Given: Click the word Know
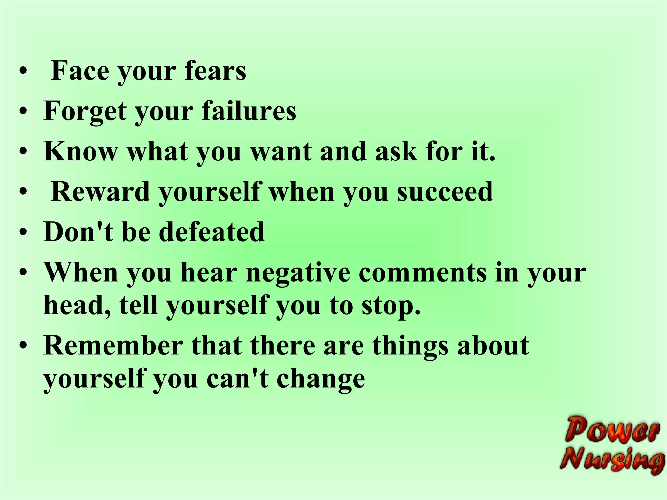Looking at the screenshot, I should coord(80,151).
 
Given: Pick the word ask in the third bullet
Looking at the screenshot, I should coord(396,151).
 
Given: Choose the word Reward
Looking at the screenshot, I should coord(100,192).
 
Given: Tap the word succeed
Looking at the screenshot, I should coord(445,192).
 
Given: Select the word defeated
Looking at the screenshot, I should coord(212,232).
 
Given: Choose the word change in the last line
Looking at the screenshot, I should coord(321,380).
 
